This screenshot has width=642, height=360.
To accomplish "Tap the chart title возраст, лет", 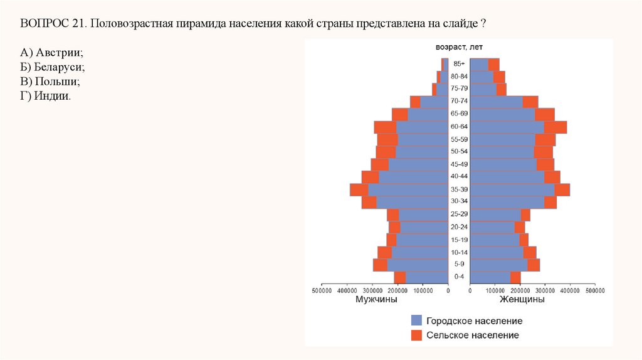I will tap(459, 47).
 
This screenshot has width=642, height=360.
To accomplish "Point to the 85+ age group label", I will tap(459, 64).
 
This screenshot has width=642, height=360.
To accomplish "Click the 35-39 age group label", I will tap(459, 189).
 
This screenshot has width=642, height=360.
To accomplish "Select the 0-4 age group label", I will tap(459, 277).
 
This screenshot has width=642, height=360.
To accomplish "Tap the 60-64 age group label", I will tap(459, 127).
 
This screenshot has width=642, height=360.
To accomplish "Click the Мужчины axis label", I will tap(376, 300).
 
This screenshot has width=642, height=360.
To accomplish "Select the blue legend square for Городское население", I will tap(416, 320).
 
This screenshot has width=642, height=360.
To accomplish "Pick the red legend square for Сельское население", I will tap(416, 336).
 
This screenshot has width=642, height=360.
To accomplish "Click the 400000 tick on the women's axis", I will tap(570, 291).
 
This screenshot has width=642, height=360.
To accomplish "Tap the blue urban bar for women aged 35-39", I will tap(512, 189).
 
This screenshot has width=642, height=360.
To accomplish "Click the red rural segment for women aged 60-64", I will tap(555, 127).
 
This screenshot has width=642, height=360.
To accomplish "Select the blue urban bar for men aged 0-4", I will tap(426, 277).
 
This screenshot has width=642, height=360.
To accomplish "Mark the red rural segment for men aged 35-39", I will tap(359, 189).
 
